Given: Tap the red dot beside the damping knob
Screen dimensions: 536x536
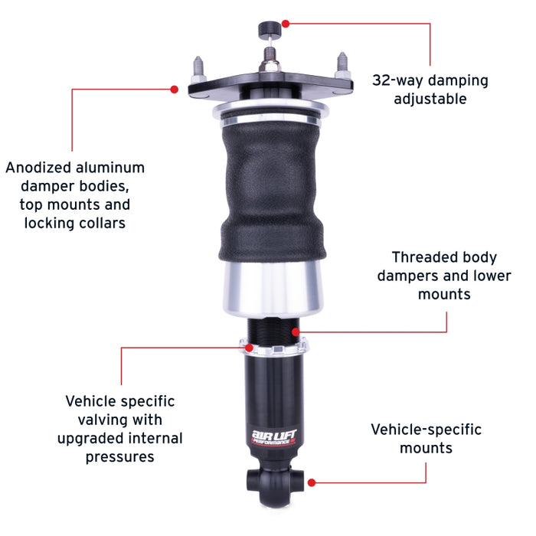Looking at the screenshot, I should pyautogui.click(x=286, y=24).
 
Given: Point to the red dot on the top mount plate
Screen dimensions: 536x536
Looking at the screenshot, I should pyautogui.click(x=175, y=90).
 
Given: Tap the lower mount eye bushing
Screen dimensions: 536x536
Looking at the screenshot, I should pyautogui.click(x=255, y=482).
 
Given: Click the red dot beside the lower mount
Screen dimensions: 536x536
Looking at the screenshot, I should pyautogui.click(x=311, y=483).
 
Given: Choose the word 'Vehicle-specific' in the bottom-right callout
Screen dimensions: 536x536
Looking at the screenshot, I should pyautogui.click(x=427, y=430).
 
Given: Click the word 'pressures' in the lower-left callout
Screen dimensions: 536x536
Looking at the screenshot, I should pyautogui.click(x=119, y=457).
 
